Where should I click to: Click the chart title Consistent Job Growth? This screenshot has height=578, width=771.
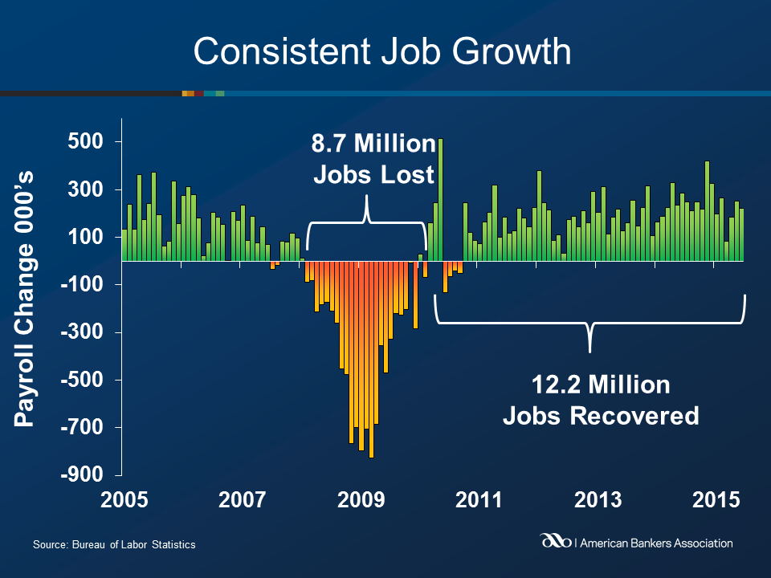pos(382,52)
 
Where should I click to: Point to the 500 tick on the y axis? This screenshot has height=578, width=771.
pos(92,142)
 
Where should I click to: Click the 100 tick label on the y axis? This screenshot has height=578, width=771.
pos(92,238)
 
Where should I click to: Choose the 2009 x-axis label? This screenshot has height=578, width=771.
pos(360,500)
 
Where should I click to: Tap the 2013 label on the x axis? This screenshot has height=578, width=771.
pos(598,500)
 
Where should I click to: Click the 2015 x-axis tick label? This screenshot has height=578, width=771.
pos(716,500)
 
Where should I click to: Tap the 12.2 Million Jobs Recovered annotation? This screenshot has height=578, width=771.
pos(600,401)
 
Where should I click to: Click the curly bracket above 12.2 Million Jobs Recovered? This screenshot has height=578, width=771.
pos(590,325)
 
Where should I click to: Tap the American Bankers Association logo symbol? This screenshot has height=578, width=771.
pos(557,543)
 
